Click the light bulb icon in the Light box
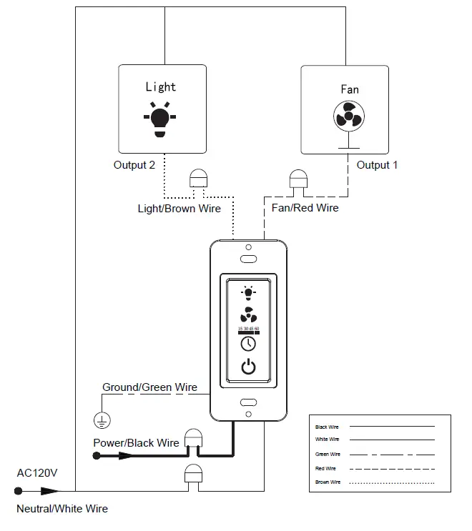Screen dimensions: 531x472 click(x=160, y=119)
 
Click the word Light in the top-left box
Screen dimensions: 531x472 click(x=160, y=86)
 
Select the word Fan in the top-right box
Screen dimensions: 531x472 click(x=349, y=89)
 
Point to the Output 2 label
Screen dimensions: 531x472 click(x=134, y=165)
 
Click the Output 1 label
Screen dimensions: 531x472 click(x=377, y=165)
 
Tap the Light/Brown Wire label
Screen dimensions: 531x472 click(x=179, y=209)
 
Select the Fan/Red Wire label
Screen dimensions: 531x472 click(x=305, y=208)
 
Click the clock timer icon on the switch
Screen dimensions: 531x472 click(x=248, y=344)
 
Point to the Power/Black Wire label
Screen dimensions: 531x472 click(x=136, y=443)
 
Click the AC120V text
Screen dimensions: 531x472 click(x=37, y=473)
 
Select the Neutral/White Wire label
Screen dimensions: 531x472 click(x=62, y=509)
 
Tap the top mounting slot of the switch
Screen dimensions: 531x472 click(x=248, y=258)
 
